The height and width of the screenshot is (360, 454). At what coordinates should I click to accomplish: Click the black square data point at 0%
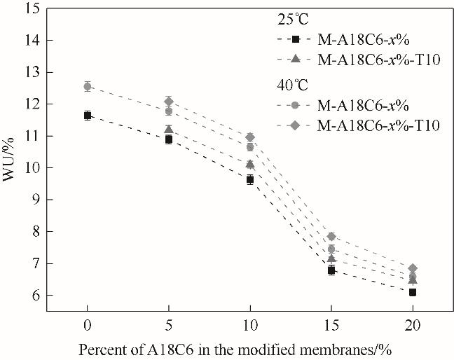coord(88,116)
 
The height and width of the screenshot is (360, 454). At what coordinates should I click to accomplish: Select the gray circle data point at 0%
coord(88,87)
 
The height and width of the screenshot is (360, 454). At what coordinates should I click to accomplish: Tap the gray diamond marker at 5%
coord(169,102)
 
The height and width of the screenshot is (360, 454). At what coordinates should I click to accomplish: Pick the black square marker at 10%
coord(250,179)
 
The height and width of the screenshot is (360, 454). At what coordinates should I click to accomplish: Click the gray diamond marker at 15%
coord(331,237)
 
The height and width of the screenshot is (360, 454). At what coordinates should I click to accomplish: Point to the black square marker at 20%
coord(413,292)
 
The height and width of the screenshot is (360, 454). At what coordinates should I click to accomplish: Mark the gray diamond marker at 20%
coord(413,268)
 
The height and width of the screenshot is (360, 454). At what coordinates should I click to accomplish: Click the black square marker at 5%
coord(169,139)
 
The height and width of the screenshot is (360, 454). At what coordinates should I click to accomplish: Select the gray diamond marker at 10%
coord(250,137)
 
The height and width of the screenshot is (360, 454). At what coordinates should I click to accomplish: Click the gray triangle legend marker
coord(296,60)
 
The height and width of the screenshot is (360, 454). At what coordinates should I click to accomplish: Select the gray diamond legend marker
coord(296,125)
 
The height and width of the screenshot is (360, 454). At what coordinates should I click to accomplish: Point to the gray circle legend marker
coord(296,106)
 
